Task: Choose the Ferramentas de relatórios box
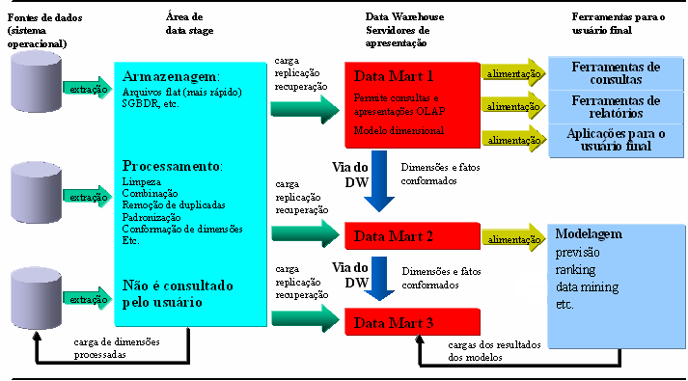[x=616, y=106]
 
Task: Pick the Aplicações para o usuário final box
[x=616, y=139]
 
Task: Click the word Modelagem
[x=589, y=233]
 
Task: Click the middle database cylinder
[x=36, y=194]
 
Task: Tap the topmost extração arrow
[x=88, y=89]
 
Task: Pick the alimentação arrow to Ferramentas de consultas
[x=512, y=70]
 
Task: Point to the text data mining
[x=587, y=286]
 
